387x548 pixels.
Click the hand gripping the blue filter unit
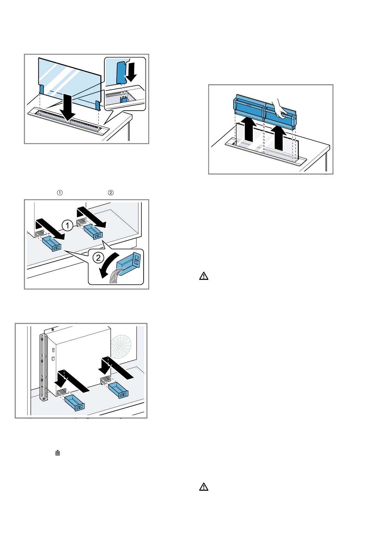[279, 109]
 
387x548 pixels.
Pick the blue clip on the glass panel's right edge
[98, 105]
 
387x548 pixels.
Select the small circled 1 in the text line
[60, 193]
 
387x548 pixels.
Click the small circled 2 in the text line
[111, 193]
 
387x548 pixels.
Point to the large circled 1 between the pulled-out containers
[67, 225]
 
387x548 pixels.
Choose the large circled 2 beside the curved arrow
[98, 258]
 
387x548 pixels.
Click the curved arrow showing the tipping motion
[107, 265]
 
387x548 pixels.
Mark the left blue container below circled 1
[52, 244]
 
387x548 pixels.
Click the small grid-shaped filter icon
[58, 453]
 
